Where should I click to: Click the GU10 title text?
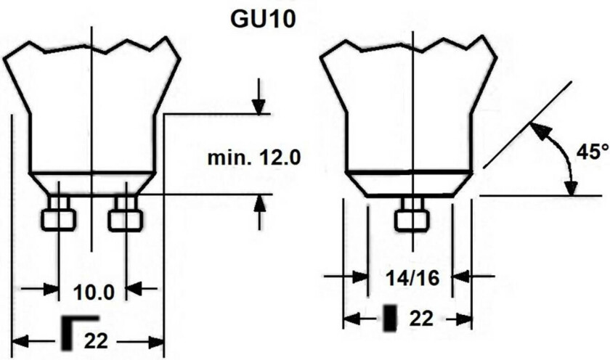pyautogui.click(x=263, y=19)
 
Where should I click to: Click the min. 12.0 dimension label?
pyautogui.click(x=254, y=157)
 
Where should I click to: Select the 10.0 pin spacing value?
pyautogui.click(x=94, y=292)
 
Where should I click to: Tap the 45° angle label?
pyautogui.click(x=593, y=152)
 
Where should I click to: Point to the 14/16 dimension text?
pyautogui.click(x=412, y=277)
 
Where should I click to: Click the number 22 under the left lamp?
pyautogui.click(x=96, y=341)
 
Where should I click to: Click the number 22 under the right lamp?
pyautogui.click(x=421, y=319)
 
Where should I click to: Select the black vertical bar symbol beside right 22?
pyautogui.click(x=390, y=319)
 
